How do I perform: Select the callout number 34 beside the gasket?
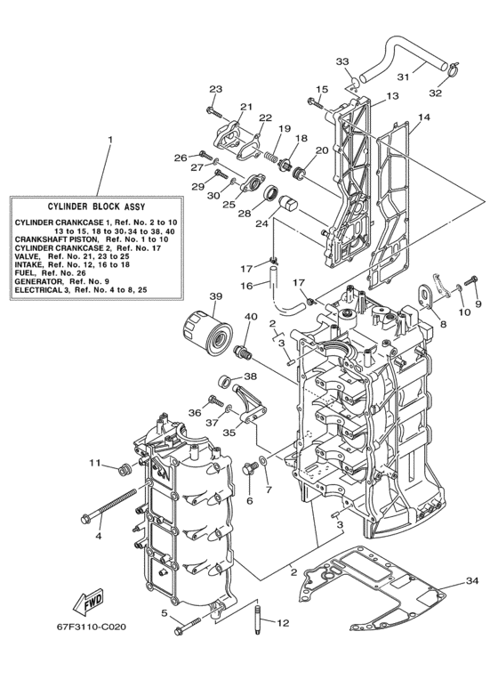point(470,583)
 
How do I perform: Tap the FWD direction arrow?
point(90,603)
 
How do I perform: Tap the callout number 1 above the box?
point(110,142)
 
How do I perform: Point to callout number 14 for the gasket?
point(423,117)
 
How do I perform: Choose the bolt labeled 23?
point(213,110)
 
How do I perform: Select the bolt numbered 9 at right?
point(471,287)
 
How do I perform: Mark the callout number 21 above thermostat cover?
point(246,107)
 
